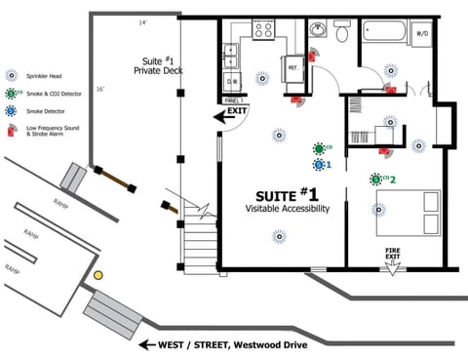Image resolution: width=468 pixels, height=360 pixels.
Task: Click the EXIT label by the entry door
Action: (236, 112)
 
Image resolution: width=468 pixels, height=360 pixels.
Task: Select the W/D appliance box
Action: (423, 34)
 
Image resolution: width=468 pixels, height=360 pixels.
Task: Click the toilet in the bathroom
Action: (342, 34)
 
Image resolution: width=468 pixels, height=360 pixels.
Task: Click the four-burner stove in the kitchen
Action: (264, 30)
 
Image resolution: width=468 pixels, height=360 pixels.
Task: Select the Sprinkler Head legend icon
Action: (11, 75)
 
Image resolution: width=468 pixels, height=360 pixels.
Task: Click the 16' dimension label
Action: (101, 89)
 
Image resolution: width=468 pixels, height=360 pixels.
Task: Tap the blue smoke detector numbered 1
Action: (319, 164)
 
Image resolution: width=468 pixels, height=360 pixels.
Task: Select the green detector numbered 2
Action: (376, 180)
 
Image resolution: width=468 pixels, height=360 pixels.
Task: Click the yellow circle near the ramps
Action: (97, 276)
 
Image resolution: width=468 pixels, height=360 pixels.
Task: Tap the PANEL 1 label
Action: (232, 100)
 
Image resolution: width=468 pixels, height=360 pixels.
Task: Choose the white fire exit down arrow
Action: (393, 269)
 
